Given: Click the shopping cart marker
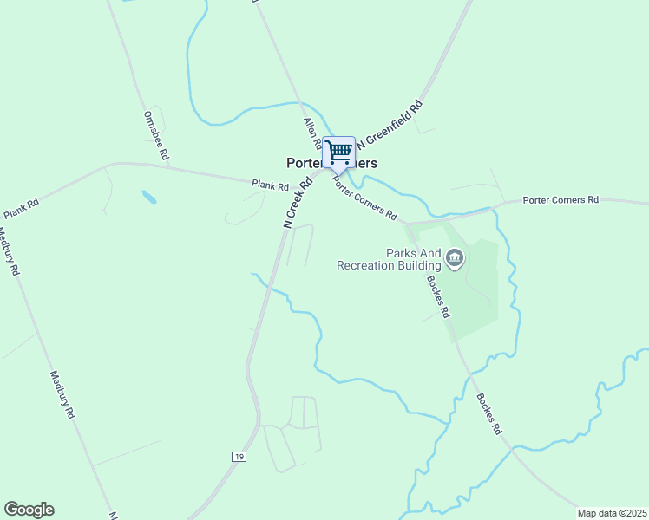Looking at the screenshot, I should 338,153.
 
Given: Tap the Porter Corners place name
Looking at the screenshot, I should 331,163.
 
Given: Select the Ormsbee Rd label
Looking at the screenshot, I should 154,131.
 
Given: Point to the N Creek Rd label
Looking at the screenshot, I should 298,204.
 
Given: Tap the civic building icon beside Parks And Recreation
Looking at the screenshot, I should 455,257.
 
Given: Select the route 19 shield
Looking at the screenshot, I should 238,456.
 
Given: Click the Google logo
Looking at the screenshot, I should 29,510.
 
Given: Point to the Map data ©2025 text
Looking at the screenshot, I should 612,513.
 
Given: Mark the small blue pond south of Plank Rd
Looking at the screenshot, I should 149,198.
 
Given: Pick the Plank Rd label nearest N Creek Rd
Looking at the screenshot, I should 270,185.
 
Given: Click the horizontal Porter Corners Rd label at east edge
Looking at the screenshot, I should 560,200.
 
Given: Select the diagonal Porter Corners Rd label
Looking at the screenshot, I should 364,202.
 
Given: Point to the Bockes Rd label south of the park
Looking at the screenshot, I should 489,413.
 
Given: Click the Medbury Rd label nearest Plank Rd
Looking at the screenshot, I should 10,251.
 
